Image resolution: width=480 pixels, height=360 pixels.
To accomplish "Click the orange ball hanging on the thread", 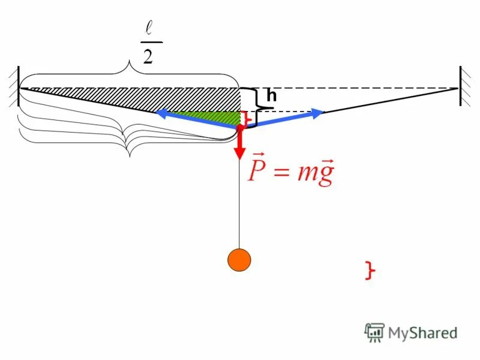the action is pos(239,260).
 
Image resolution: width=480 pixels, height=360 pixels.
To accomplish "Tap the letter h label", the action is pos(272,95).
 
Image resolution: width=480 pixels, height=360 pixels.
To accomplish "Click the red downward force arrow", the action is pos(239,144).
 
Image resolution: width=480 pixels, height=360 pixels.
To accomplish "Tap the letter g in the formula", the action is pos(325,175).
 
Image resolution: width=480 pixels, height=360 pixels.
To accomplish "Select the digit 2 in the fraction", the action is pos(147,56).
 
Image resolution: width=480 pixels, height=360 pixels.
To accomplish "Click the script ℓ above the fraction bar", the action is pos(148,28).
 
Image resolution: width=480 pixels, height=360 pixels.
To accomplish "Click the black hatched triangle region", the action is pos(180,97).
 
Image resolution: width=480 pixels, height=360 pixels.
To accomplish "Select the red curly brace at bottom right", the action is pos(370,271).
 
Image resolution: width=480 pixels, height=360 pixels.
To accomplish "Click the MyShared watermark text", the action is pos(422,332).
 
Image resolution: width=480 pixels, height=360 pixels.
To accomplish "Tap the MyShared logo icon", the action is pos(374,332).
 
